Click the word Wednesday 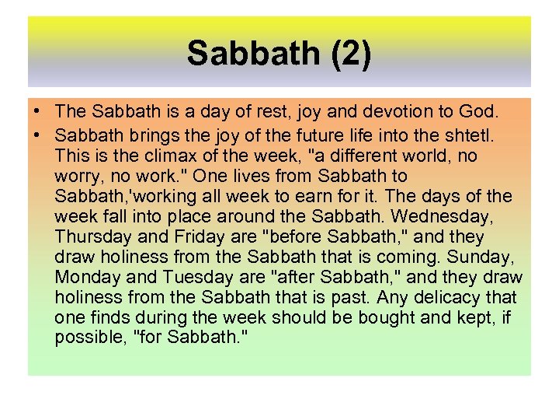pos(450,216)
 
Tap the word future pos(306,135)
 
